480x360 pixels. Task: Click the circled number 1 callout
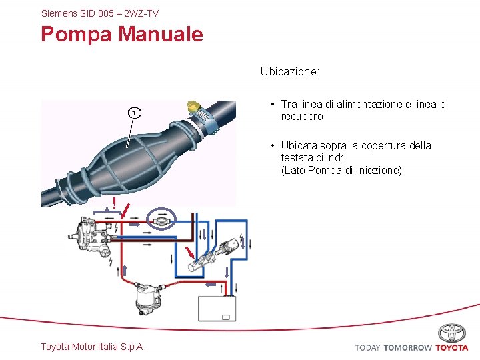pos(134,113)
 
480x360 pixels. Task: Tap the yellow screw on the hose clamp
pos(194,105)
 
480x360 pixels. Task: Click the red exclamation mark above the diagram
pos(115,202)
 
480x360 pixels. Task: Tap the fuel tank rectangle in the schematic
pos(217,309)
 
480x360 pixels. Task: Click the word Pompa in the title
pos(76,34)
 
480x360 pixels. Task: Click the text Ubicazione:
pos(290,71)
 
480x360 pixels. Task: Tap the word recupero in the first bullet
pos(302,117)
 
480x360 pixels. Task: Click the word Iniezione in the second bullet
pos(379,170)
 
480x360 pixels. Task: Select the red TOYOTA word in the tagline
pos(452,347)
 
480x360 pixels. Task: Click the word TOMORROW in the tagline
pos(407,347)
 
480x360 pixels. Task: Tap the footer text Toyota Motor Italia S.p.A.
pos(93,346)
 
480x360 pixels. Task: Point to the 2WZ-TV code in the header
pos(141,13)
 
